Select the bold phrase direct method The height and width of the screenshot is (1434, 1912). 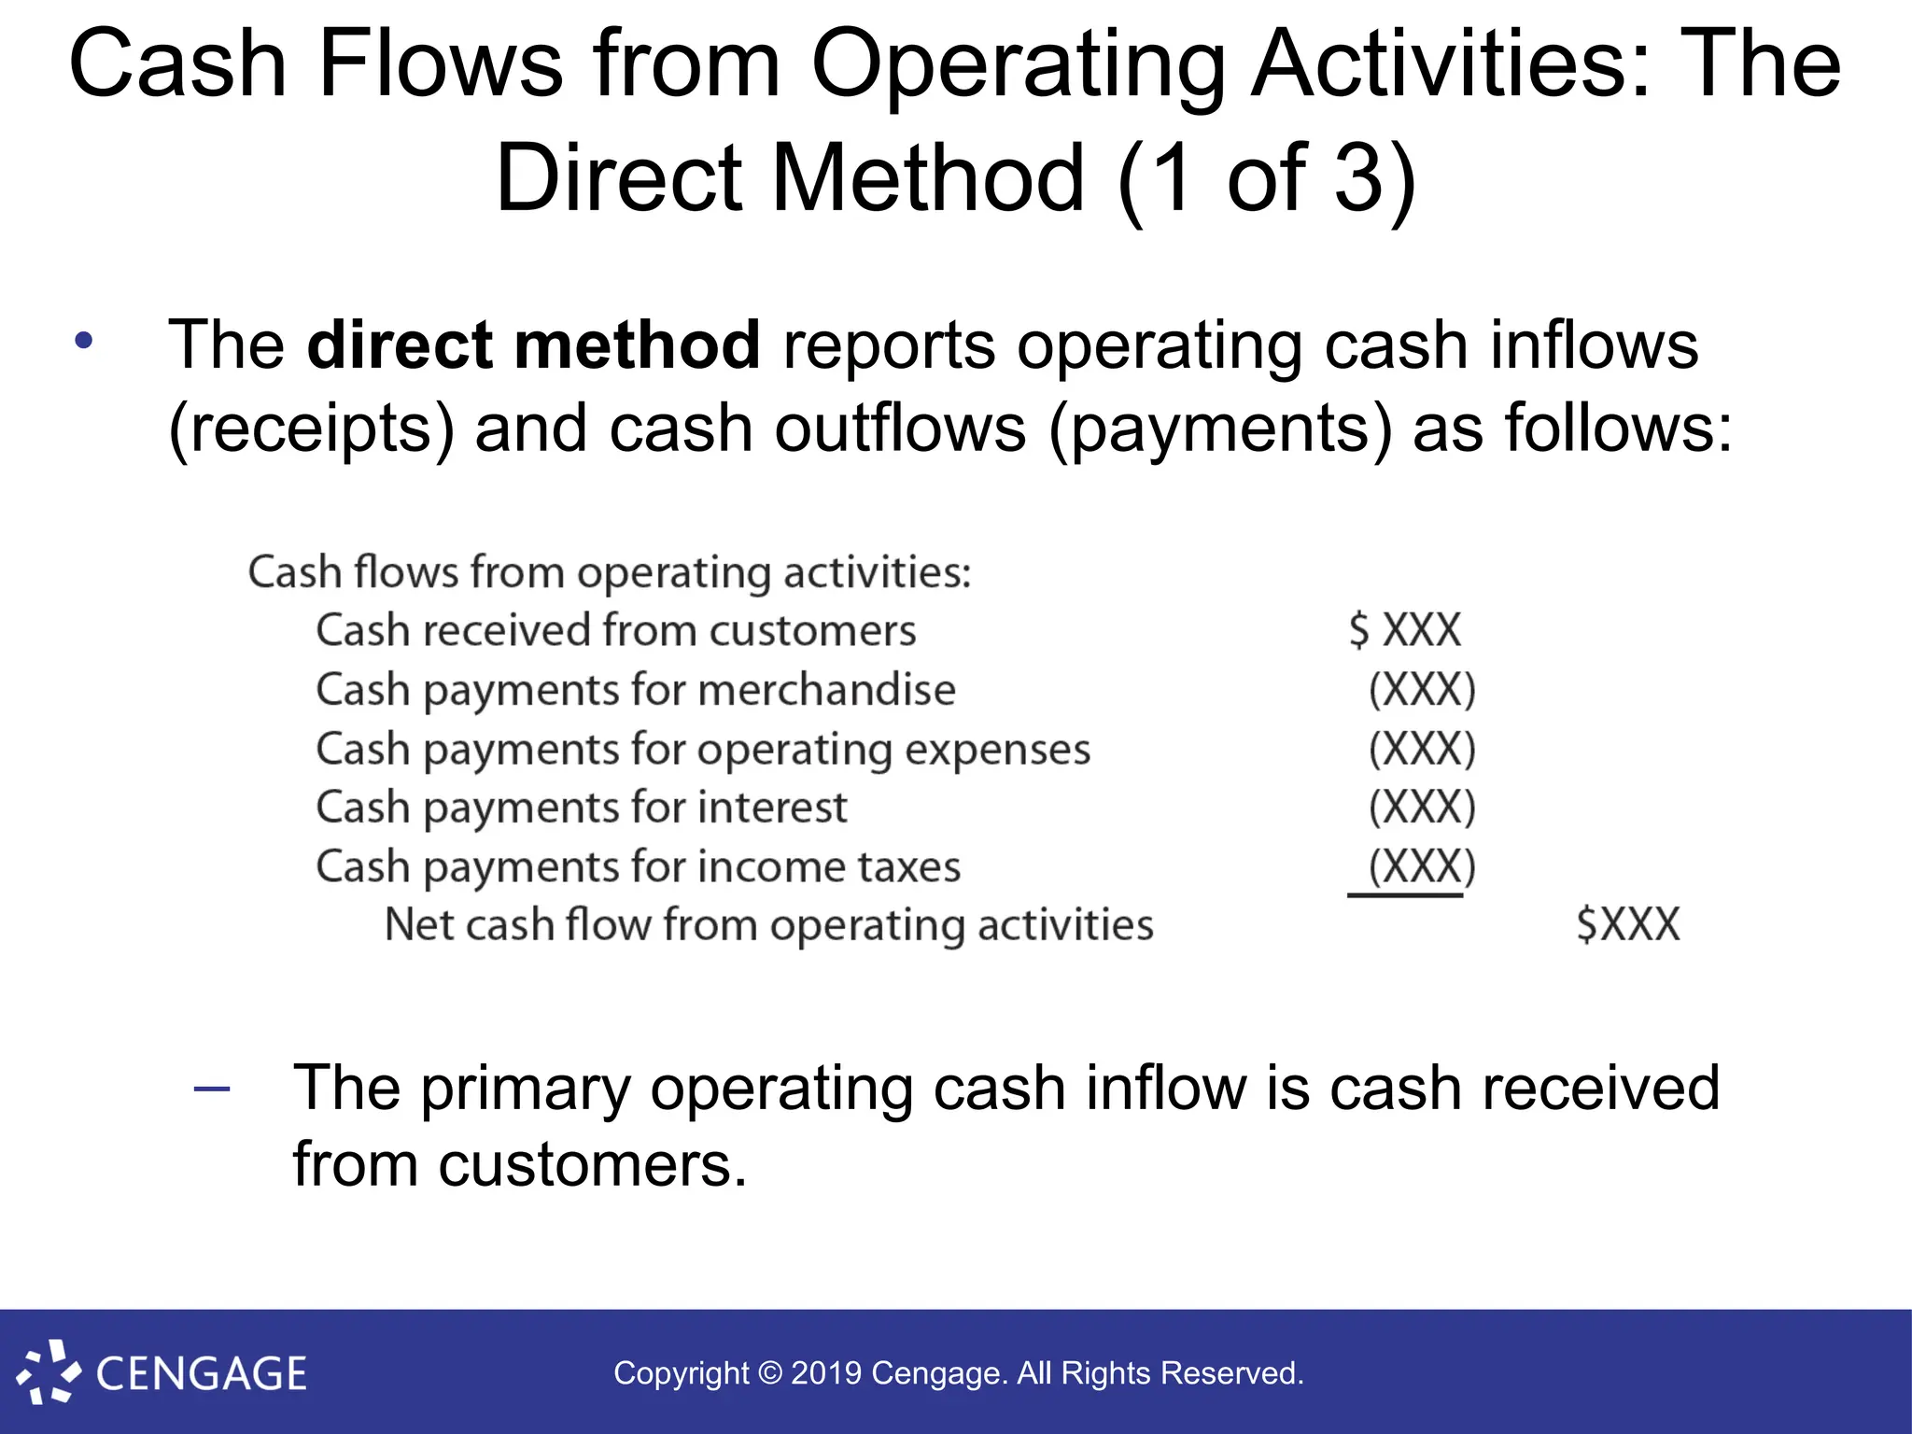click(x=533, y=345)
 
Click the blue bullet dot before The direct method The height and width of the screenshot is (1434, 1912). click(x=84, y=341)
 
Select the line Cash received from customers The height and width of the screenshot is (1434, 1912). click(x=616, y=630)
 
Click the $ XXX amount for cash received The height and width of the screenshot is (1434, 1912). click(x=1405, y=630)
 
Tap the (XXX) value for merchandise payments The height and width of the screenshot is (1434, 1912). click(x=1422, y=690)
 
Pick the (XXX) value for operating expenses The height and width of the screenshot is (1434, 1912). click(x=1422, y=749)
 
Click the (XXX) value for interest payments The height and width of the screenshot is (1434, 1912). click(x=1422, y=808)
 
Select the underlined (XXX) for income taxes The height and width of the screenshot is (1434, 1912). click(x=1422, y=866)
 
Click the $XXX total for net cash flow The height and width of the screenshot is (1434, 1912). click(x=1628, y=925)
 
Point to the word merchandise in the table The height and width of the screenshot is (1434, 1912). click(x=826, y=690)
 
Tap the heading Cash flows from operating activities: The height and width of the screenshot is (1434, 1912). click(x=610, y=572)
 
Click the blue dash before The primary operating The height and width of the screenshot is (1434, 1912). click(x=212, y=1089)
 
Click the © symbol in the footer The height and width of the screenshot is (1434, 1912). click(x=770, y=1373)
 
